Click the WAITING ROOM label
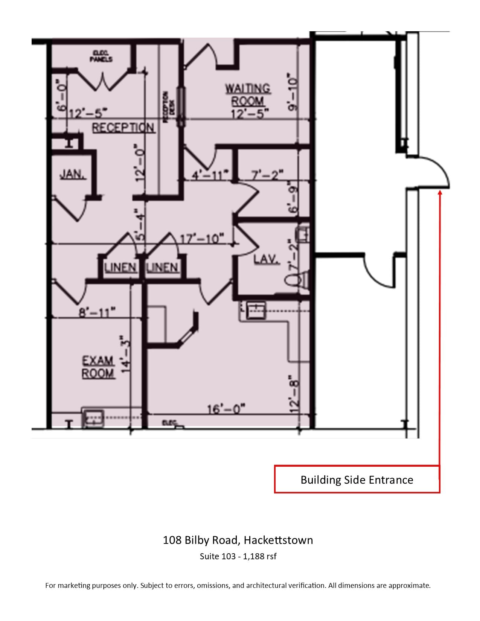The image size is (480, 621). (247, 95)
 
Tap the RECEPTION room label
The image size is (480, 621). (123, 128)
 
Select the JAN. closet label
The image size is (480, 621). (73, 174)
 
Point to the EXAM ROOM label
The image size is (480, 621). (98, 367)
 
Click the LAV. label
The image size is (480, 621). (267, 259)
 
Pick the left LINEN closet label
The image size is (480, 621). (120, 268)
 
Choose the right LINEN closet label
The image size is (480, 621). (162, 268)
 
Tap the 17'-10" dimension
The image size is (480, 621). (202, 239)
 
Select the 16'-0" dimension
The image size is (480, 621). (226, 408)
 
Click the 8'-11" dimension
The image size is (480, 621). (97, 312)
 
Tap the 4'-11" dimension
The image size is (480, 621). (210, 175)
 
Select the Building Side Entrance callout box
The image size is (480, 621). (357, 479)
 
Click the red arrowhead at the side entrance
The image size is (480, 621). (439, 193)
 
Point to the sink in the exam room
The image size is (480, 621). (93, 418)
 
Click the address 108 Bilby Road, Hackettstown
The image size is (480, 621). (238, 540)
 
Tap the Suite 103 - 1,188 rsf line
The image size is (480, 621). (238, 556)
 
